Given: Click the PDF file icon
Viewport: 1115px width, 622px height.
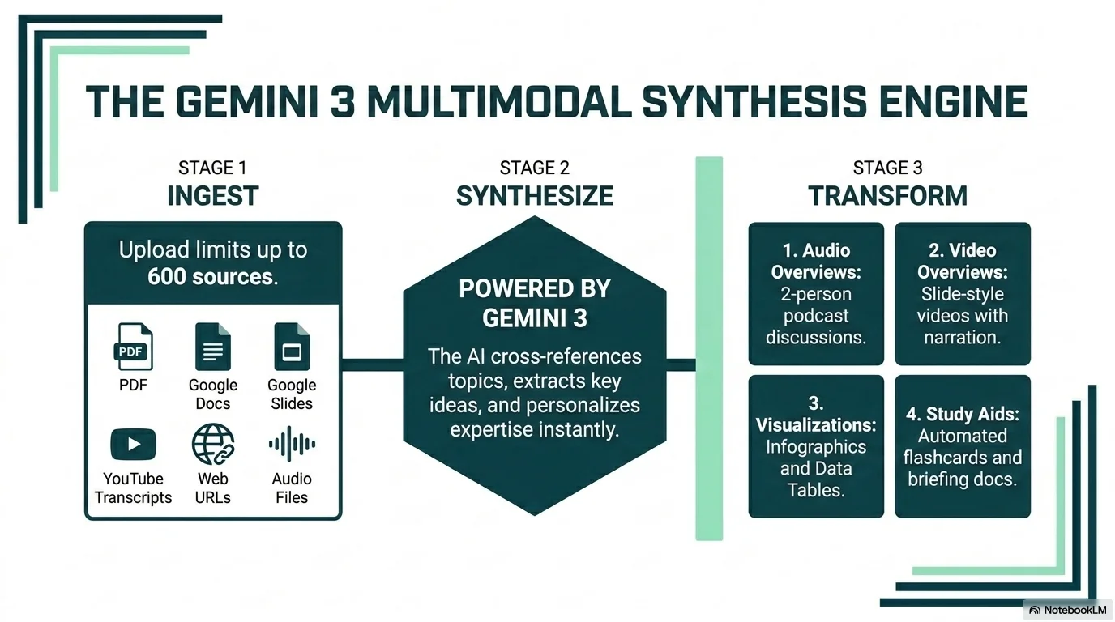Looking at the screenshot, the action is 133,347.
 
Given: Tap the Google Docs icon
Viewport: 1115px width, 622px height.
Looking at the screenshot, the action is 212,347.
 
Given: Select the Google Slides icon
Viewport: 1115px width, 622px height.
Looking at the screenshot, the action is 292,347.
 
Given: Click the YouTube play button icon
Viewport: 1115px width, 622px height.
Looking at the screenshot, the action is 133,444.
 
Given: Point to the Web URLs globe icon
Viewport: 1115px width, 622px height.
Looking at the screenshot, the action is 213,444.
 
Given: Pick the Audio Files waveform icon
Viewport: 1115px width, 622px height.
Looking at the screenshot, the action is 292,444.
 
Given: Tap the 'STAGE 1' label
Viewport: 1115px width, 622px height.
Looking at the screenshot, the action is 212,168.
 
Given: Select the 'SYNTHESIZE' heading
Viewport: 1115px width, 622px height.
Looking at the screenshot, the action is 535,195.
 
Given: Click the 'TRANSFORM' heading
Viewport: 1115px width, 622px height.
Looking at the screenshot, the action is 887,195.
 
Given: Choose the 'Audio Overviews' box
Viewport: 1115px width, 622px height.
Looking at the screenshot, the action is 816,293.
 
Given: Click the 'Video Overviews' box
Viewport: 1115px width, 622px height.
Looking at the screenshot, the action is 962,293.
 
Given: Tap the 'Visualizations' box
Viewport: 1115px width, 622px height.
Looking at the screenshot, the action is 816,446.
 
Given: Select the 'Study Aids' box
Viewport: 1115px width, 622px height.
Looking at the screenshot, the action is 962,446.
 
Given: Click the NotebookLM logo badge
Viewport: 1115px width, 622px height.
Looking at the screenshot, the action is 1067,610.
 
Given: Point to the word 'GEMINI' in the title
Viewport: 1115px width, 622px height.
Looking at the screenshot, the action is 247,101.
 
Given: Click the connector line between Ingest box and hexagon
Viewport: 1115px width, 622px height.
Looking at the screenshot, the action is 372,364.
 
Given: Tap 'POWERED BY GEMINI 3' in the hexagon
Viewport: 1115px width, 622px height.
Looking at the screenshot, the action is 535,303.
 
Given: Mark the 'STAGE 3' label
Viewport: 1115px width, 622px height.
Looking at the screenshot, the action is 887,168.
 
